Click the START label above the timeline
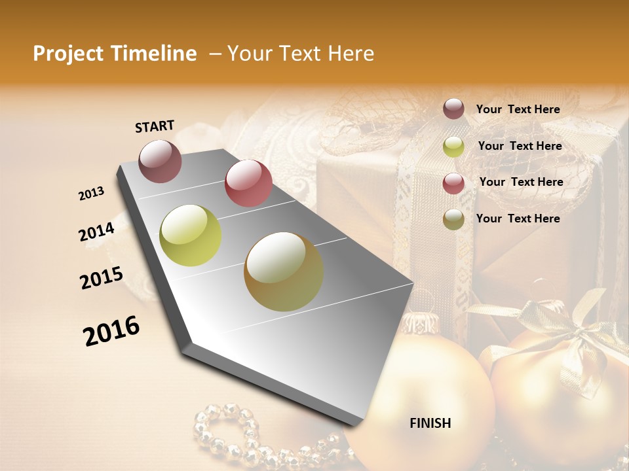(155, 126)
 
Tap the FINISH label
(430, 423)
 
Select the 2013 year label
(92, 194)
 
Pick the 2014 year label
(97, 232)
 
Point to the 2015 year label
(102, 278)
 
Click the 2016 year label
(111, 331)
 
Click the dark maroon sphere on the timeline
(160, 161)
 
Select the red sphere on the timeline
(248, 183)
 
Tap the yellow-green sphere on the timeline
(190, 235)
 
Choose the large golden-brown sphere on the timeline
(284, 271)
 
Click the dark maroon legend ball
(453, 109)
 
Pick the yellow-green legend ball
(453, 147)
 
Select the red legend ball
(453, 183)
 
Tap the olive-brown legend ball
(453, 219)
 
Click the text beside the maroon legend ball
(518, 109)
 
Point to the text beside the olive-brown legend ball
(518, 218)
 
